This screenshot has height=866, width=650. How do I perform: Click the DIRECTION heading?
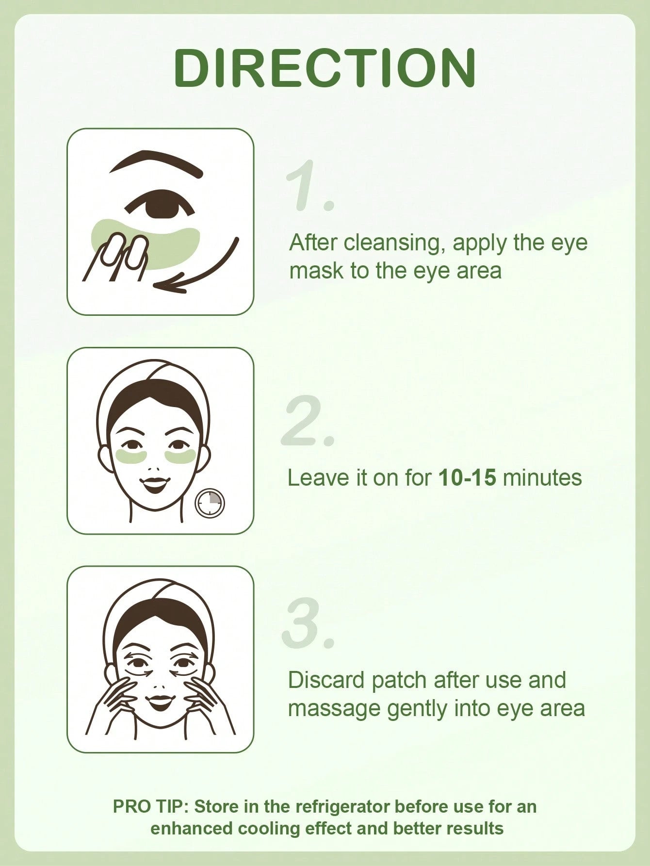[x=325, y=67]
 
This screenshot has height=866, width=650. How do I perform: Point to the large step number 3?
[x=309, y=622]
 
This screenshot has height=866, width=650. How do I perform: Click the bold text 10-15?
[x=467, y=478]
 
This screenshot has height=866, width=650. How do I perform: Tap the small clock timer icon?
[x=210, y=504]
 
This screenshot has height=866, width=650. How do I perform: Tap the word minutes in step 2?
[x=542, y=478]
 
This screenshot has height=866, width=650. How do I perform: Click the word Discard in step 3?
[x=327, y=680]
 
